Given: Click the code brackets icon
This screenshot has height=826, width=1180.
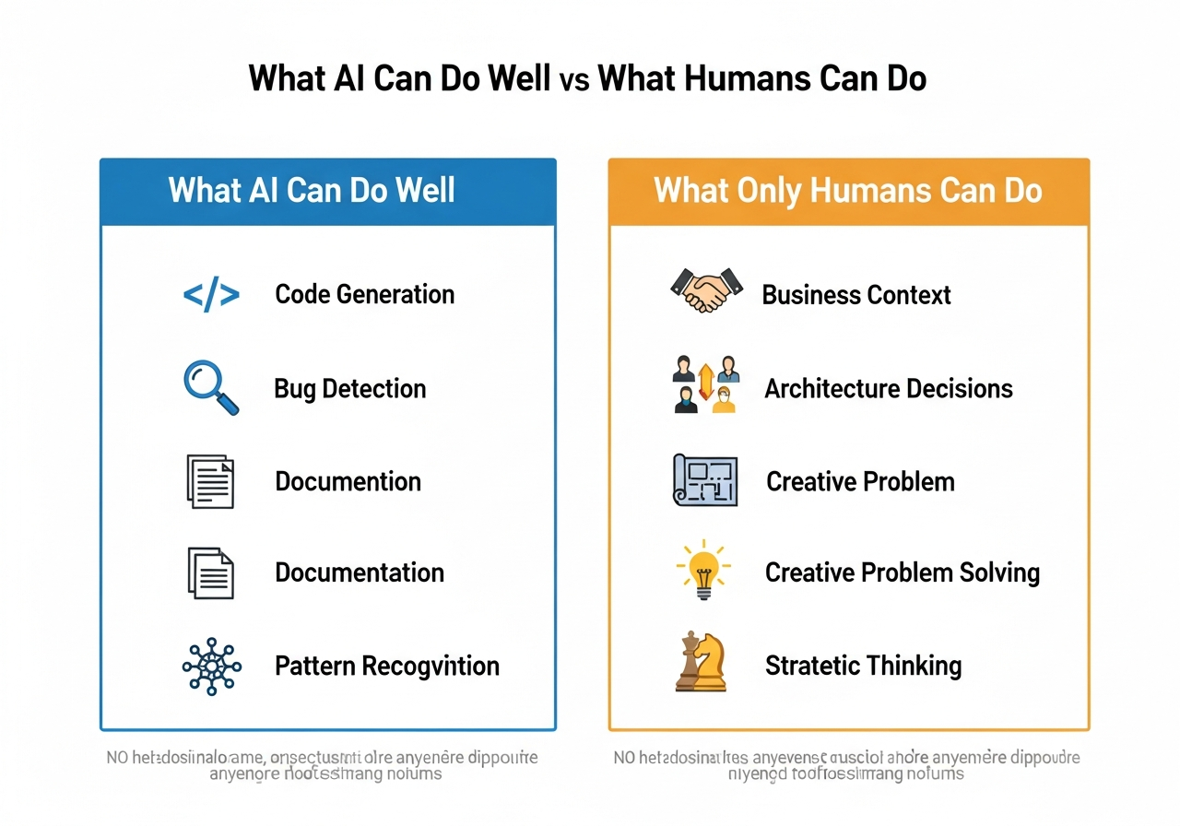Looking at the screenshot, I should pos(211,295).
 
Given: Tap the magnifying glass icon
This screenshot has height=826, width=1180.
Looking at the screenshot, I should pos(211,387).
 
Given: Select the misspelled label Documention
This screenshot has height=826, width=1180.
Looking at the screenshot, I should pos(348,481).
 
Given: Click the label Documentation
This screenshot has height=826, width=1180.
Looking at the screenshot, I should pos(360,572).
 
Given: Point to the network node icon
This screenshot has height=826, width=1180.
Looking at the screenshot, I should pos(211,666).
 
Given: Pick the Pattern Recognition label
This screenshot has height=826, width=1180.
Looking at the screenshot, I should pos(387,666).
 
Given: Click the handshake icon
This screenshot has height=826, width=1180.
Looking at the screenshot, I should pos(705,290).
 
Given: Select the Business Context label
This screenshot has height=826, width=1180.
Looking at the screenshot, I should pos(855,295).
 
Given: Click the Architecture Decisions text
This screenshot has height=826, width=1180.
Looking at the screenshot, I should pos(889,388).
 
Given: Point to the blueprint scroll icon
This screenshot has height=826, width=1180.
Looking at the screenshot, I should pos(705,479).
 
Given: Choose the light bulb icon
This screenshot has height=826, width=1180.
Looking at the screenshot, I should pos(703,570).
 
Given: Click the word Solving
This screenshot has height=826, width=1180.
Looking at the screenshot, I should pos(998,572).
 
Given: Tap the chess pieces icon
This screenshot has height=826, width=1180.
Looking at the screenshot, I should pos(702,661).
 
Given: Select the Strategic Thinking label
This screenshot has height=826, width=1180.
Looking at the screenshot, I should pos(863,666).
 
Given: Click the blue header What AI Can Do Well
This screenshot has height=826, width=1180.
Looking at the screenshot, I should pos(312,191).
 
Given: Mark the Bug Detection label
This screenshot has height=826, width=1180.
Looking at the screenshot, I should pos(350,388).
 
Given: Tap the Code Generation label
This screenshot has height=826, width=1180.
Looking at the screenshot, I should pos(364,295).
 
